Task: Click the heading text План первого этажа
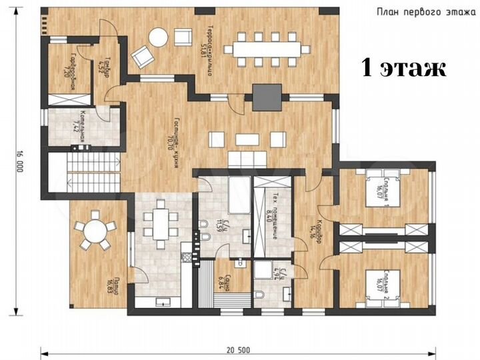423,11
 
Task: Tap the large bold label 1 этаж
403,67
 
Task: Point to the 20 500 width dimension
239,350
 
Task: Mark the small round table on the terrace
159,37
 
